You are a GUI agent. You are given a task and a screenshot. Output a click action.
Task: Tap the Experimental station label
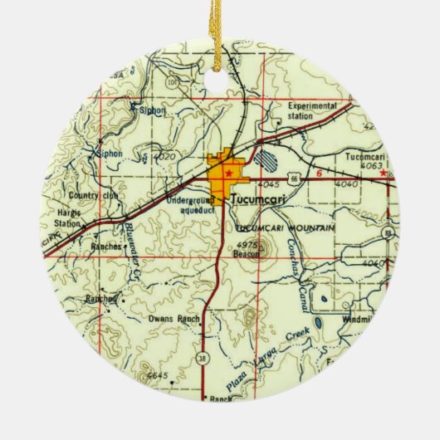pyautogui.click(x=312, y=111)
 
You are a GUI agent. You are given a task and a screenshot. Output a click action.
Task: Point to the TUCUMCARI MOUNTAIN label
pyautogui.click(x=285, y=227)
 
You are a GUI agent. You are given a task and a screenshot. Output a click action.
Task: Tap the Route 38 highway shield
pyautogui.click(x=203, y=357)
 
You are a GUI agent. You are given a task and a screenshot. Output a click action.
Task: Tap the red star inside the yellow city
pyautogui.click(x=228, y=173)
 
